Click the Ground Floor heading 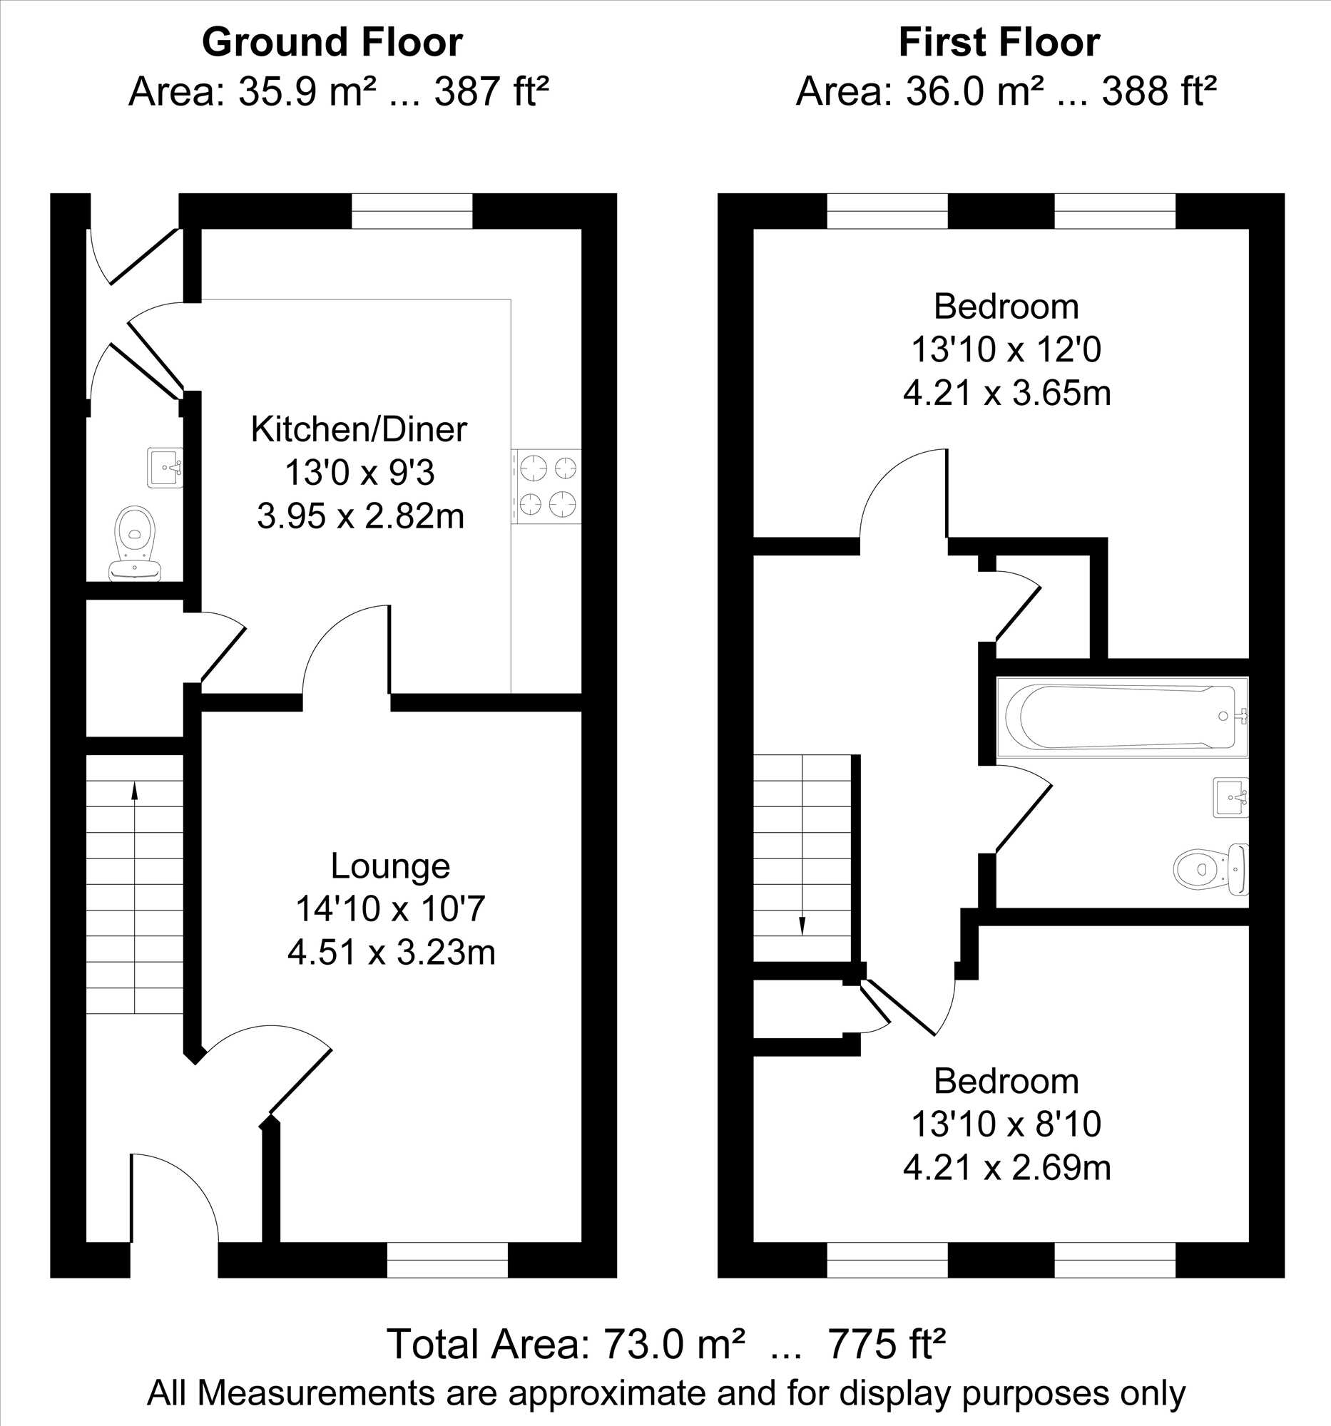(x=332, y=43)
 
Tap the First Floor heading (x=999, y=43)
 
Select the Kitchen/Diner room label (x=359, y=430)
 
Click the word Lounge (x=390, y=866)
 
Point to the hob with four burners (x=546, y=486)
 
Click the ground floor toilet (x=135, y=543)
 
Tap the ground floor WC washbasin (x=165, y=468)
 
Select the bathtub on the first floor (x=1122, y=717)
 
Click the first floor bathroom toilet (x=1211, y=869)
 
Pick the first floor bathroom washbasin (x=1230, y=797)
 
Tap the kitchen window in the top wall (x=412, y=211)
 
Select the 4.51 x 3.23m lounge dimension (x=391, y=953)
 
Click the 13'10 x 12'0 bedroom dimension (x=1006, y=350)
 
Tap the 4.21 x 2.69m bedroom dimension (x=1006, y=1168)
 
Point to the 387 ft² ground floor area (x=492, y=92)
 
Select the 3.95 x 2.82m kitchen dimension (x=360, y=515)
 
